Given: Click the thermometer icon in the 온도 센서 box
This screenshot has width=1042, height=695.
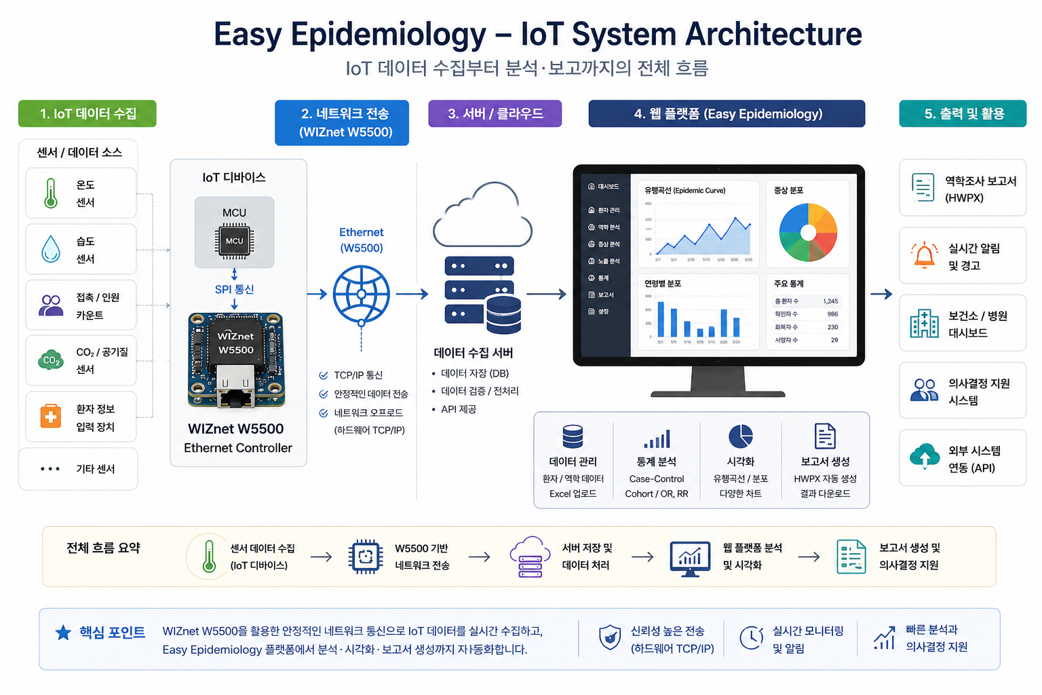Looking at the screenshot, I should click(x=51, y=193).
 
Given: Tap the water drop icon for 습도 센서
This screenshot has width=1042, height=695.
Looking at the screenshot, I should click(x=51, y=249).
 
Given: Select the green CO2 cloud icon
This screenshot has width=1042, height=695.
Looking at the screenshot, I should click(x=51, y=360).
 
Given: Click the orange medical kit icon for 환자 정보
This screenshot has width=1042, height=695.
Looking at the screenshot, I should click(x=51, y=416).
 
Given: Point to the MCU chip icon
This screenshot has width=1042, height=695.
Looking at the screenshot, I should click(x=235, y=241).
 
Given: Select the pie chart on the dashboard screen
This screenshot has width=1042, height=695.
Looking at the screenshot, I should click(x=808, y=232).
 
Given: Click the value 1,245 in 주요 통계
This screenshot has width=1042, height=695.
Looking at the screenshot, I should click(x=830, y=301).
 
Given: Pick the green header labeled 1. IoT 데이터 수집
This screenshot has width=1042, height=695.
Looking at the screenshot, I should click(x=88, y=113).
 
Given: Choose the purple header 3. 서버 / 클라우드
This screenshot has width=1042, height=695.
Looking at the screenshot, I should click(x=495, y=113).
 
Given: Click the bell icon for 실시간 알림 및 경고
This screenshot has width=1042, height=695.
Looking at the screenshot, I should click(x=924, y=255).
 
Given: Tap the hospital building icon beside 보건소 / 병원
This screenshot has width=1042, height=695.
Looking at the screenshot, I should click(x=924, y=323).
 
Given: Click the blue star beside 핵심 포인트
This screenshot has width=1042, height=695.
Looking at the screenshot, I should click(x=63, y=633).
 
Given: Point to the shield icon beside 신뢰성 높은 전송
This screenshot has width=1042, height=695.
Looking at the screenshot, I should click(x=609, y=638).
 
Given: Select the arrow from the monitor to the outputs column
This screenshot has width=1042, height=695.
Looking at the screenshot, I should click(x=881, y=294).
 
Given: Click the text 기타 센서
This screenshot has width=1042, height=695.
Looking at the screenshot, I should click(x=96, y=469).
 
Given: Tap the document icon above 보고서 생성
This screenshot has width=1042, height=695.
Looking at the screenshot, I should click(x=825, y=436).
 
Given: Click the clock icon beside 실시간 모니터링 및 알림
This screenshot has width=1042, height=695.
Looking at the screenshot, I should click(x=751, y=638).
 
